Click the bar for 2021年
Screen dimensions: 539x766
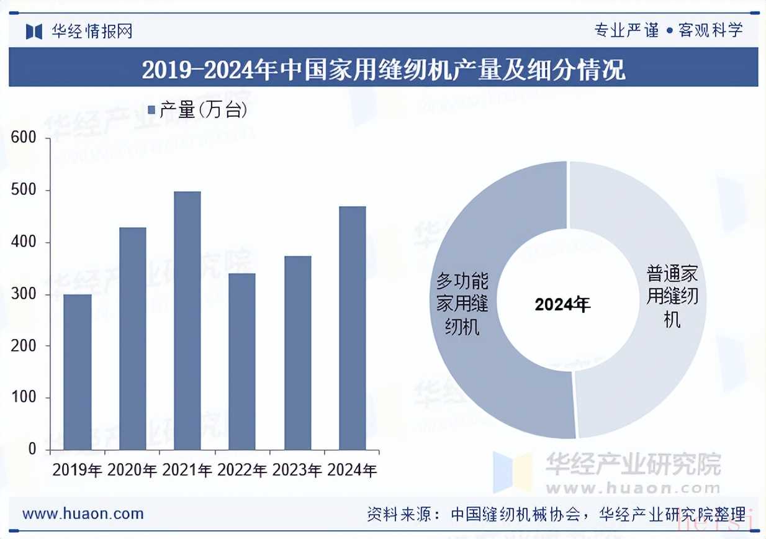coord(187,320)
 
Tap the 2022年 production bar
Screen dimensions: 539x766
coord(242,361)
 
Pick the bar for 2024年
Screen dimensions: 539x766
coord(353,328)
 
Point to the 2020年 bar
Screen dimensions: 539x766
coord(132,338)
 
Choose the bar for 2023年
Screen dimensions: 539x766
coord(297,353)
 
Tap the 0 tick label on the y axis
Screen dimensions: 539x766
coord(32,450)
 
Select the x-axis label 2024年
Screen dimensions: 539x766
coord(352,470)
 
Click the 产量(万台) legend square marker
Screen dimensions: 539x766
coord(151,110)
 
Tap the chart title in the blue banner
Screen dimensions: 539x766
coord(383,70)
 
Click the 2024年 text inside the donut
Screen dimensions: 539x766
coord(562,304)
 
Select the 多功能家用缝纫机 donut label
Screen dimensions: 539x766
coord(462,304)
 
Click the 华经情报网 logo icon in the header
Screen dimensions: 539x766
coord(34,30)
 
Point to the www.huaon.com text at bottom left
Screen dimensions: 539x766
coord(83,514)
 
